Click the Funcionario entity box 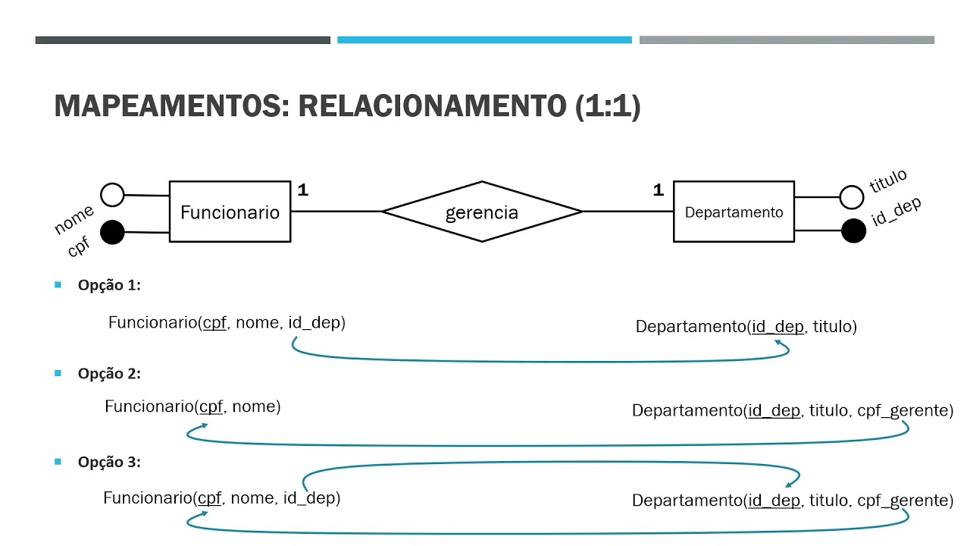(x=230, y=212)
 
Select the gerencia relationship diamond (x=482, y=212)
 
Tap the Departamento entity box (x=734, y=212)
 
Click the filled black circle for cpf (x=112, y=233)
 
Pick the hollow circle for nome (x=112, y=195)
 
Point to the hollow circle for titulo (x=852, y=197)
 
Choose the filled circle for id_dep (x=853, y=231)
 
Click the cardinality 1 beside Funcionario (x=302, y=190)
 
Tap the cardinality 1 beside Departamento (x=658, y=190)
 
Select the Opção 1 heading (x=109, y=286)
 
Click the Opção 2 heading (x=109, y=374)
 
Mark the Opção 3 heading (x=109, y=462)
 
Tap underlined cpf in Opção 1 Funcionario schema (x=214, y=323)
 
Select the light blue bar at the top (x=484, y=39)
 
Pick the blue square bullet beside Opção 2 (x=58, y=373)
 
